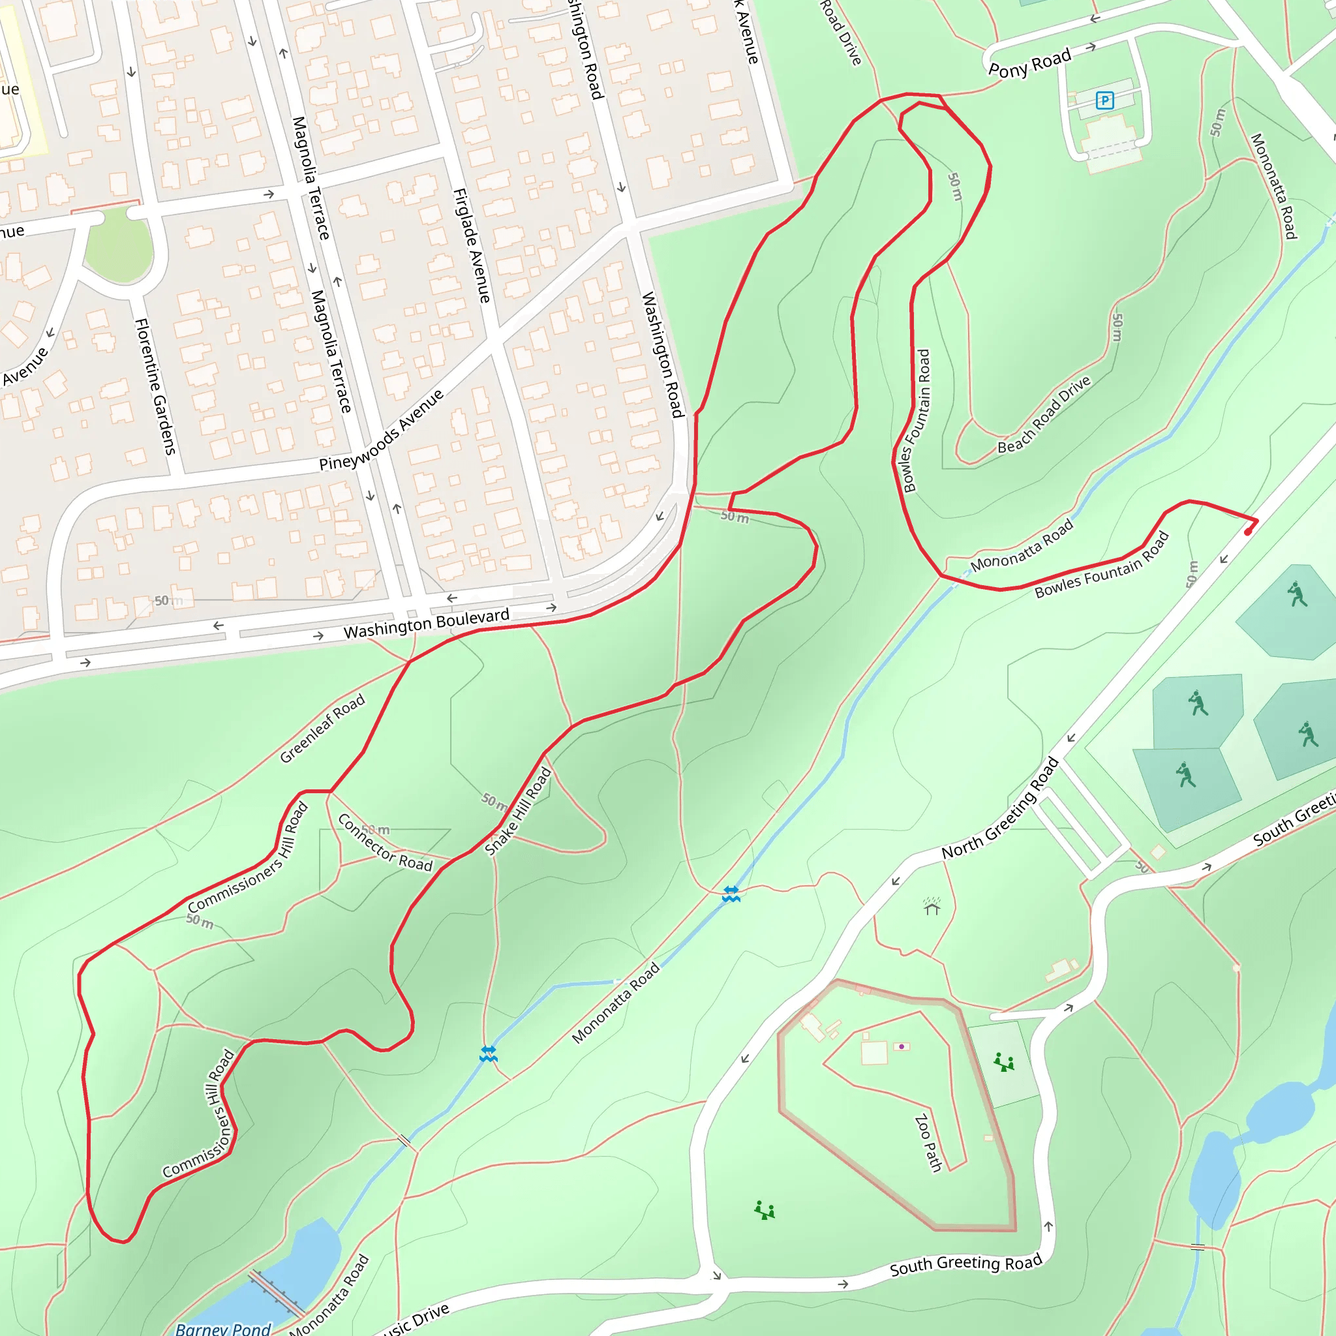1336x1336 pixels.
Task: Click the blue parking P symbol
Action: tap(1104, 101)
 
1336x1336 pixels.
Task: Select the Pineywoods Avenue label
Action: tap(381, 430)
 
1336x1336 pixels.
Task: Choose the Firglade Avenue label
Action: tap(472, 245)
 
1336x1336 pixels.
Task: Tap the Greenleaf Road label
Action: tap(322, 729)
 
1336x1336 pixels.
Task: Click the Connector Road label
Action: tap(384, 842)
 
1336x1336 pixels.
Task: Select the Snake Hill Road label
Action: tap(518, 811)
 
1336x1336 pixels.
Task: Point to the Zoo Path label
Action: tap(928, 1143)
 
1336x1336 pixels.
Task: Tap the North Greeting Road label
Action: tap(1000, 808)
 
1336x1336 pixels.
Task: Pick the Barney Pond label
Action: tap(222, 1328)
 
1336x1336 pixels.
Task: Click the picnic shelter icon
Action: tap(932, 905)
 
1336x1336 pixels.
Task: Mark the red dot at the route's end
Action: tap(1247, 532)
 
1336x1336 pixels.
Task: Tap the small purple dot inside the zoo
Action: tap(901, 1046)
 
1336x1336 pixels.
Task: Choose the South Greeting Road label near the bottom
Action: tap(965, 1265)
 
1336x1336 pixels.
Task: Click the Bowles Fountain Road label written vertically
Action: tap(915, 421)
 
